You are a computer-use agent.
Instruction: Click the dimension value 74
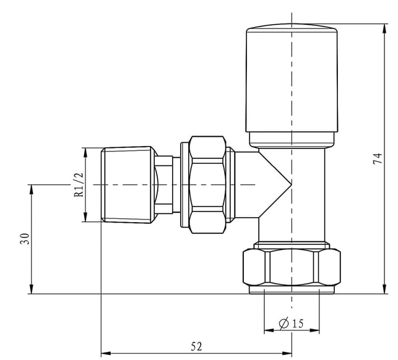tap(378, 158)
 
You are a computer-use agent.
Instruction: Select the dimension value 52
tap(196, 346)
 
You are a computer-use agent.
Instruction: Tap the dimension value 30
tap(25, 239)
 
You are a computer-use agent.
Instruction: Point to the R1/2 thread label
tap(79, 185)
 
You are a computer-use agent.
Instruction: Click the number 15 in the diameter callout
tap(298, 324)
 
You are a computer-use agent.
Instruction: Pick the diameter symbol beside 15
tap(284, 324)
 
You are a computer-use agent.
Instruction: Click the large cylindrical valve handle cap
tap(292, 78)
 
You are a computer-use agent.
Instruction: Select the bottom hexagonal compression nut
tap(292, 267)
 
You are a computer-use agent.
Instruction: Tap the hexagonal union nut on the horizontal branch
tap(207, 185)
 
